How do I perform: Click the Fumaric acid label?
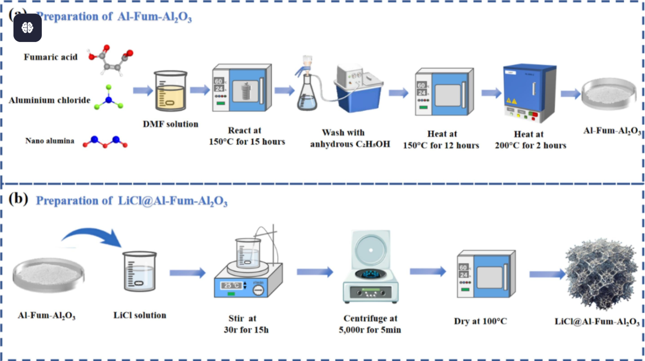[x=51, y=57]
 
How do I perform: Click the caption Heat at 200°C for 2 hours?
[x=530, y=139]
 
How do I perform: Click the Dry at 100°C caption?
[x=480, y=321]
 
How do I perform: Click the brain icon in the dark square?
[x=27, y=27]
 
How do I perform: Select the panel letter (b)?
[x=19, y=199]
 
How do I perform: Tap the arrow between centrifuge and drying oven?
[x=428, y=272]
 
